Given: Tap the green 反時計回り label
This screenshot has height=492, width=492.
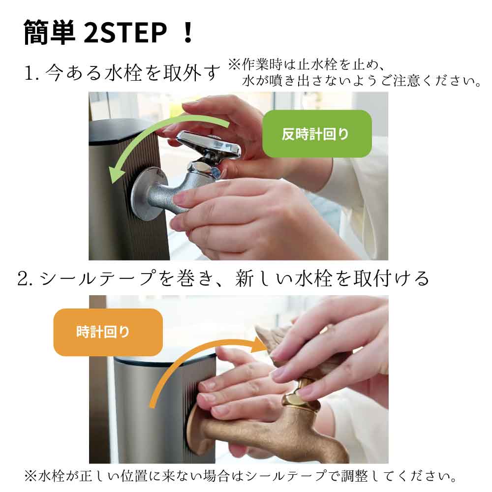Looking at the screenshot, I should coord(316,134).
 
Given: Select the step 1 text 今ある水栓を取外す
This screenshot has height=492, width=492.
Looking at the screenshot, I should coord(133,74).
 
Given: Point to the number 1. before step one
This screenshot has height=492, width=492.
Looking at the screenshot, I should coord(31,74).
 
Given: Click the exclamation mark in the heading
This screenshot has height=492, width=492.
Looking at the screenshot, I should coord(187,33).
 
